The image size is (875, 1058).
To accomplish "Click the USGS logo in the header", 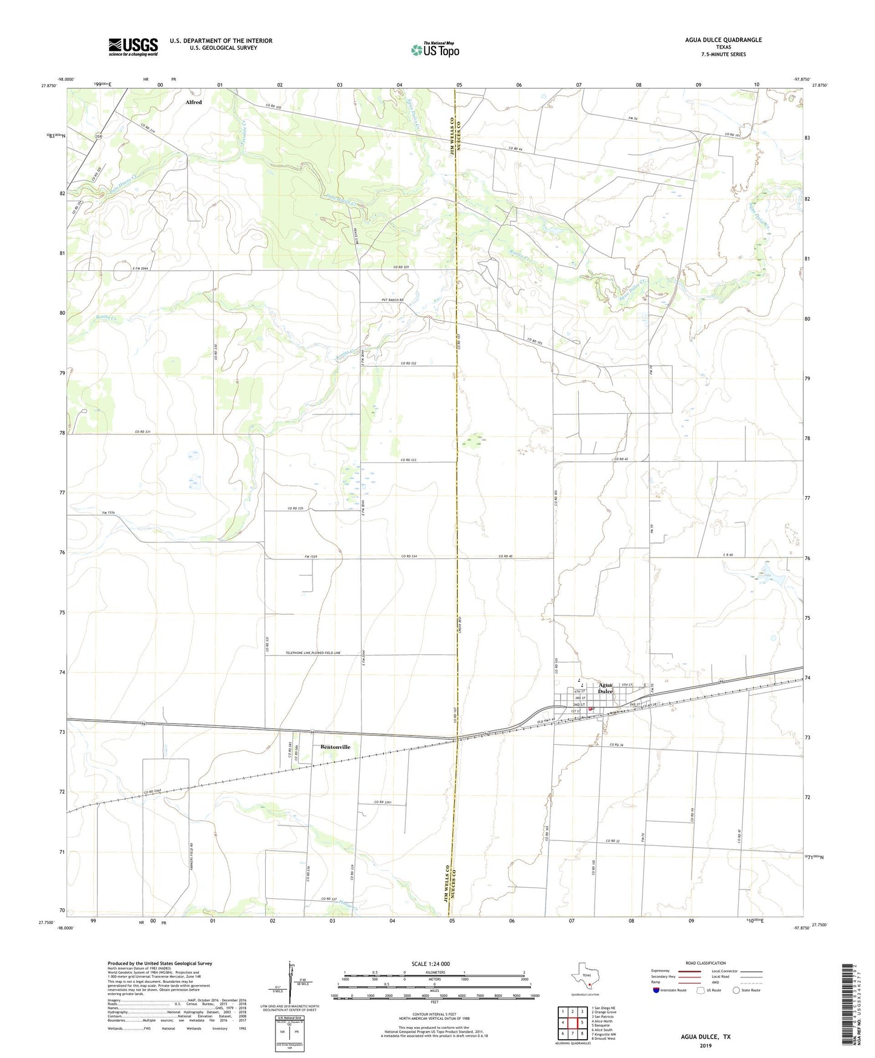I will pyautogui.click(x=133, y=46).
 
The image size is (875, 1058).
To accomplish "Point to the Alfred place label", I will pyautogui.click(x=194, y=102).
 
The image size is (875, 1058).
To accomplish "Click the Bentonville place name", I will pyautogui.click(x=335, y=747).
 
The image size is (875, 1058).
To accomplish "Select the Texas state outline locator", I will pyautogui.click(x=584, y=976).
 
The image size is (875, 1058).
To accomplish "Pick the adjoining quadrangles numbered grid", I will pyautogui.click(x=572, y=1023).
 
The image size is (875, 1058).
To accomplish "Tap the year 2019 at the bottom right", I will pyautogui.click(x=705, y=1046).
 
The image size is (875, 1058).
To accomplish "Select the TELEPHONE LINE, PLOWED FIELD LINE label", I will pyautogui.click(x=313, y=653).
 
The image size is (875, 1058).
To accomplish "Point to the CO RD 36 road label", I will pyautogui.click(x=616, y=745).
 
